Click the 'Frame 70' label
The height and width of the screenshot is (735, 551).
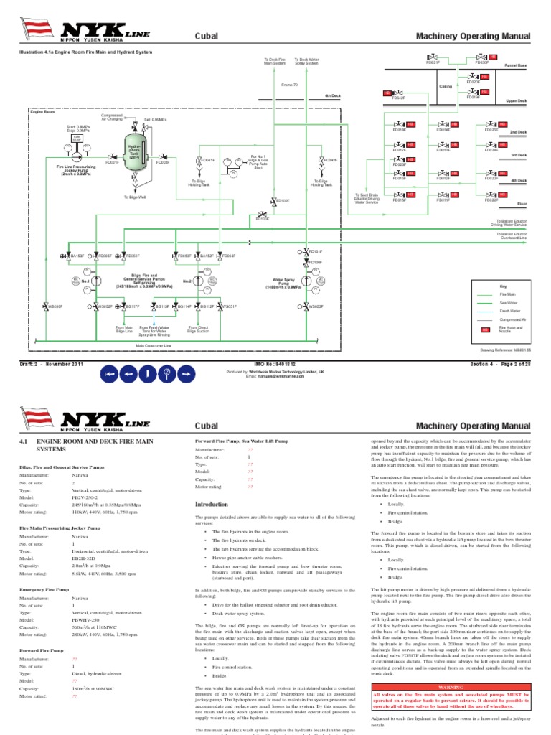290,85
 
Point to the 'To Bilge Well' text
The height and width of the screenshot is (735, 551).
135,197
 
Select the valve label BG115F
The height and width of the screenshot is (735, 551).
164,306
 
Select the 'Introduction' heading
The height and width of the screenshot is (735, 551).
211,505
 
